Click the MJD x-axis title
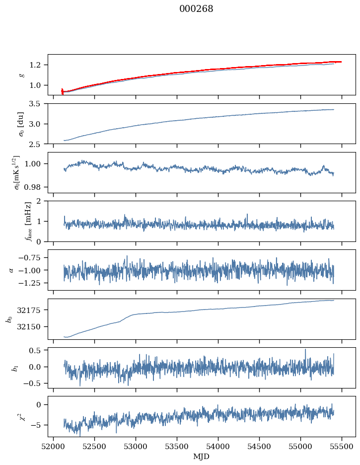coord(202,456)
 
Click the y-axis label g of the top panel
coord(21,75)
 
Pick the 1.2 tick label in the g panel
coord(38,65)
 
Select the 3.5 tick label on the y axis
coord(38,104)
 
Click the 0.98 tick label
coord(36,187)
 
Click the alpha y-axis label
coord(11,270)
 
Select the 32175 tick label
coord(32,310)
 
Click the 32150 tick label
coord(32,327)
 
